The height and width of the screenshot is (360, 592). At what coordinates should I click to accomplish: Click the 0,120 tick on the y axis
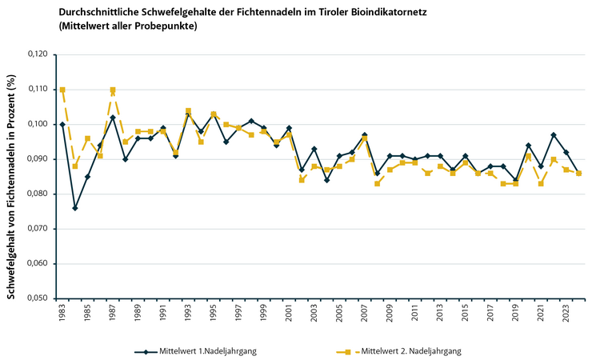pyautogui.click(x=36, y=54)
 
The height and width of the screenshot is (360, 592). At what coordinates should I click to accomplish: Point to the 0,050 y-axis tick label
pyautogui.click(x=36, y=298)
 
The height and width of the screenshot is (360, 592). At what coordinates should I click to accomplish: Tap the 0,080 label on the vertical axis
pyautogui.click(x=36, y=194)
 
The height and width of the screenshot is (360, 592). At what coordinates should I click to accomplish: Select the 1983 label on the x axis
pyautogui.click(x=62, y=313)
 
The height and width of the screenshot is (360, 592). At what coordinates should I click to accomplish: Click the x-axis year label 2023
pyautogui.click(x=566, y=313)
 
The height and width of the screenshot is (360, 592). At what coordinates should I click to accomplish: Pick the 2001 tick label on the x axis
pyautogui.click(x=289, y=313)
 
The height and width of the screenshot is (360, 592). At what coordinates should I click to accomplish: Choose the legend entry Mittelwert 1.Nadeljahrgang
pyautogui.click(x=200, y=350)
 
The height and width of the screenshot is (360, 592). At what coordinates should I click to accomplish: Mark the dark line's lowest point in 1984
pyautogui.click(x=74, y=208)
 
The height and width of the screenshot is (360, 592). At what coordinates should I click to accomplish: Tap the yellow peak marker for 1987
pyautogui.click(x=113, y=90)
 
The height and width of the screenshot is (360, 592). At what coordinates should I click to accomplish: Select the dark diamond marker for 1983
pyautogui.click(x=62, y=124)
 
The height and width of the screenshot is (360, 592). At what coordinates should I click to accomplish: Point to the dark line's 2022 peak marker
pyautogui.click(x=554, y=134)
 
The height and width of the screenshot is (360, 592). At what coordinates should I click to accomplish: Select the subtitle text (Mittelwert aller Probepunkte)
pyautogui.click(x=128, y=26)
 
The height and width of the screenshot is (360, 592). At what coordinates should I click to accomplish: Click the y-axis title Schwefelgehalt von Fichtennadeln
pyautogui.click(x=11, y=184)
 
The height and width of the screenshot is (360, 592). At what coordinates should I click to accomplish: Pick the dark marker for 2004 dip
pyautogui.click(x=326, y=180)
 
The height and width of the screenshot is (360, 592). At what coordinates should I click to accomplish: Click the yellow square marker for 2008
pyautogui.click(x=377, y=183)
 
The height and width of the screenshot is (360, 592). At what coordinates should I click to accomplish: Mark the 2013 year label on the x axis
pyautogui.click(x=440, y=313)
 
